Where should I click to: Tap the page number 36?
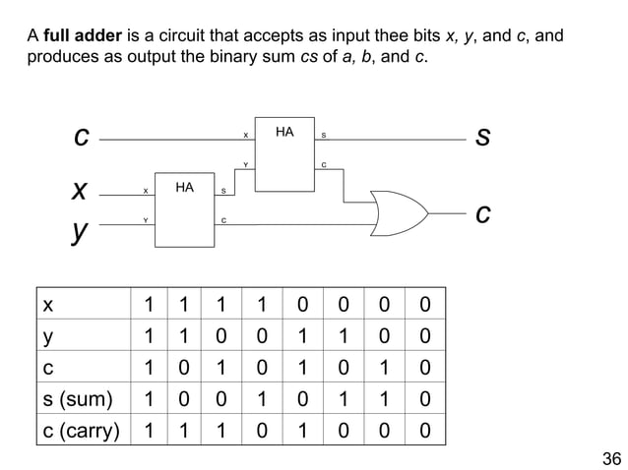tap(611, 458)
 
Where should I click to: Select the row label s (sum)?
tap(78, 398)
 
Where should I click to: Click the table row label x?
tap(46, 304)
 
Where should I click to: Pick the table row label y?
tap(46, 335)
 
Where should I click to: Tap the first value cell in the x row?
tap(148, 304)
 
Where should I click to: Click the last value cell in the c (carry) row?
tap(424, 430)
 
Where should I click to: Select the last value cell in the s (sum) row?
tap(424, 398)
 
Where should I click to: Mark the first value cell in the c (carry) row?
tap(148, 430)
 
